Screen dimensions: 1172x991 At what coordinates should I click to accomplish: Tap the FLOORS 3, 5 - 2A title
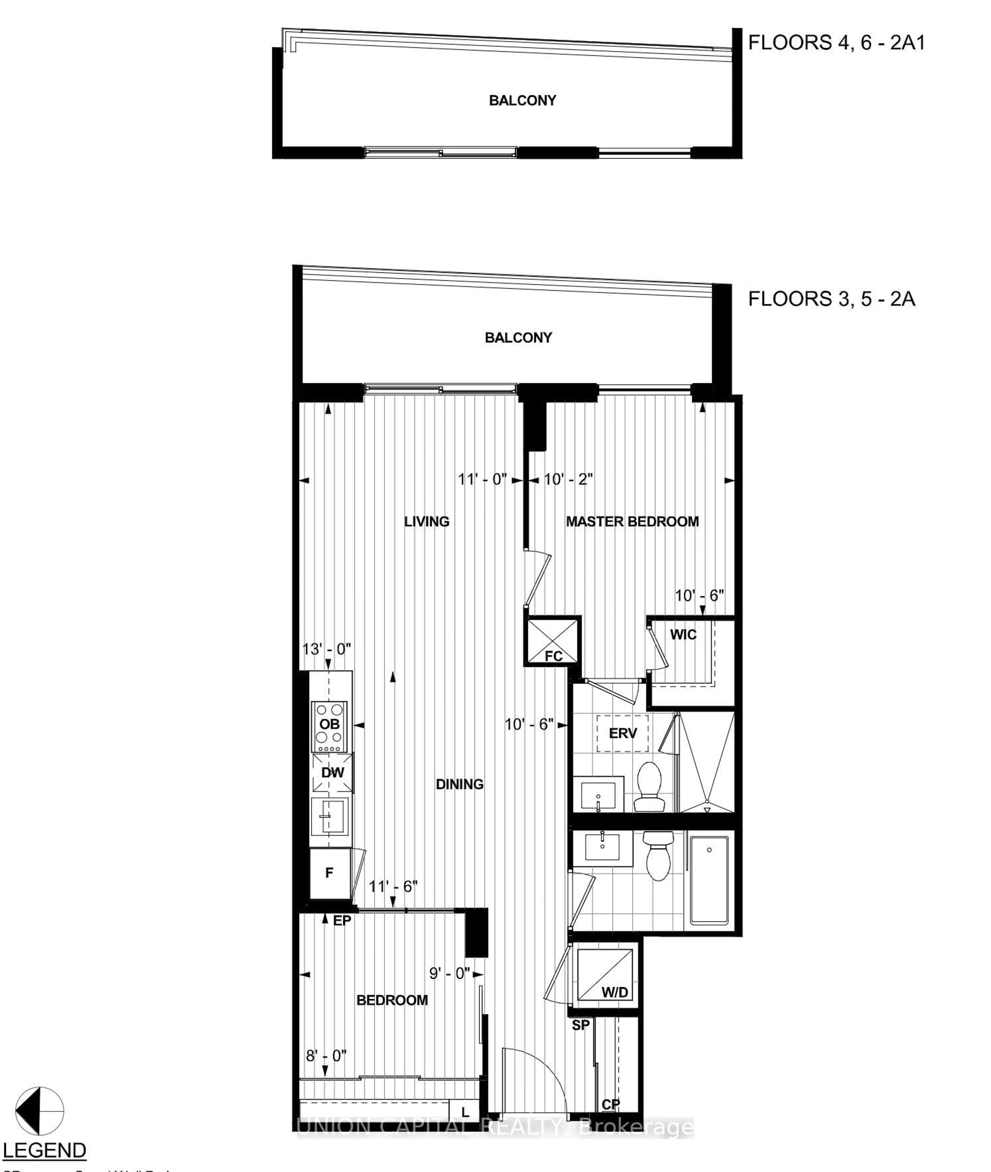click(832, 298)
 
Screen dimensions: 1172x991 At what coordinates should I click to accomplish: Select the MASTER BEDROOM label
click(632, 522)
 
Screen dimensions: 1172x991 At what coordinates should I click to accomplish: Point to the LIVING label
click(426, 522)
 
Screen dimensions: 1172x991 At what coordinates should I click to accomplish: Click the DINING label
click(460, 784)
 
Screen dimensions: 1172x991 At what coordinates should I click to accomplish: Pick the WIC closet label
click(683, 635)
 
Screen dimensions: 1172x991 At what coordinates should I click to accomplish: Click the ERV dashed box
click(622, 734)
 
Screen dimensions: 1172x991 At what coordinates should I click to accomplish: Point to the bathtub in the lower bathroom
click(709, 881)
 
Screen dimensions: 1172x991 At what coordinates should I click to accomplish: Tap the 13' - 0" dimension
click(326, 649)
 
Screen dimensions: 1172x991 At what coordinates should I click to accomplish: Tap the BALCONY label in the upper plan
click(522, 101)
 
